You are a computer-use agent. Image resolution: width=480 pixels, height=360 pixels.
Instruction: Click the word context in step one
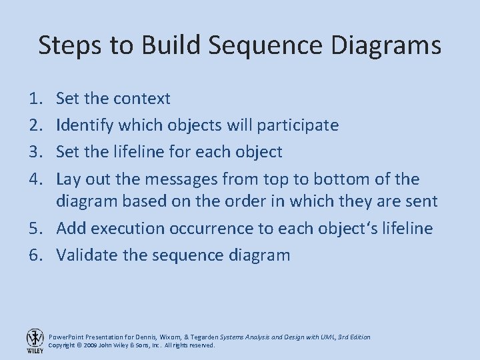click(142, 99)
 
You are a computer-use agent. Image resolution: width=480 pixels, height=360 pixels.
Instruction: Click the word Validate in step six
click(83, 255)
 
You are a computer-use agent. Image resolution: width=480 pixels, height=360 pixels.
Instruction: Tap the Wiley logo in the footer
click(34, 341)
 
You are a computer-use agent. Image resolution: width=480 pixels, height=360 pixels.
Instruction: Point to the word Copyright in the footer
click(65, 346)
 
